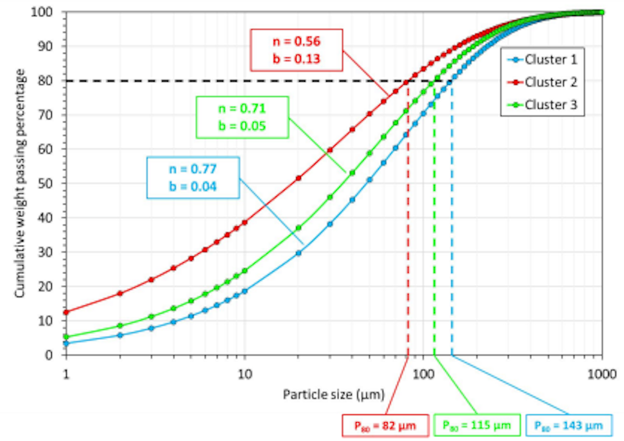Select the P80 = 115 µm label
[x=476, y=425]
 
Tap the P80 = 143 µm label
[x=569, y=425]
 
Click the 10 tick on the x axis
[x=244, y=371]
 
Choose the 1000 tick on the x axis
[x=602, y=371]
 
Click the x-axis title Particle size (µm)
[x=333, y=395]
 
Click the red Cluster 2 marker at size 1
[x=66, y=312]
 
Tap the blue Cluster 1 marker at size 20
[x=299, y=253]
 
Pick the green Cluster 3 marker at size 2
[x=120, y=326]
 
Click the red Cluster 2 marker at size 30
[x=330, y=149]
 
